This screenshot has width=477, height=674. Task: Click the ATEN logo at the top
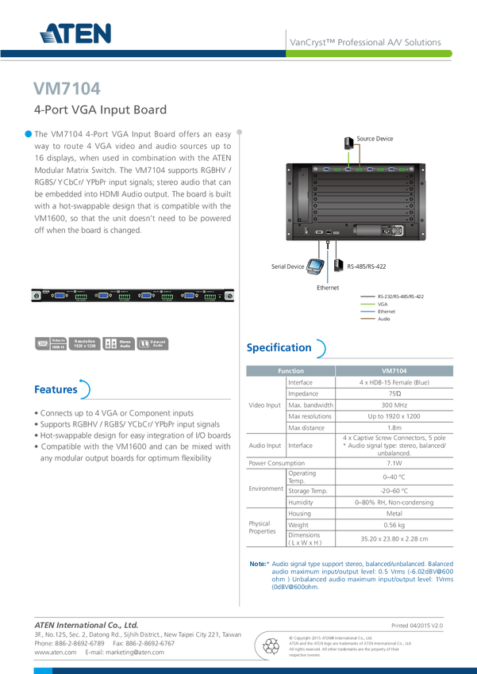(75, 33)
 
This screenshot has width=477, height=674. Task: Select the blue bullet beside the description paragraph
(26, 132)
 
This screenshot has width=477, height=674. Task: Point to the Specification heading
(279, 347)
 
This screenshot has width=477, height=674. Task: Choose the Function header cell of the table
(290, 370)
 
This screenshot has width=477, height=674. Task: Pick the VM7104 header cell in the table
(394, 370)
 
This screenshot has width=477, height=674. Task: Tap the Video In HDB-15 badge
(50, 343)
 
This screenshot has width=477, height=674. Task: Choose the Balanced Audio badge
(153, 343)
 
